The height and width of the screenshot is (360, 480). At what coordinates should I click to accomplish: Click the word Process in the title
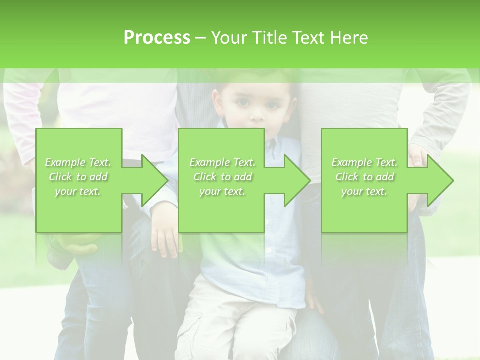157,38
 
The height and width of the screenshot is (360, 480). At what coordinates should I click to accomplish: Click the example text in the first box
78,177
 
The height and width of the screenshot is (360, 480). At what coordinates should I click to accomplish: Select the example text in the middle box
222,177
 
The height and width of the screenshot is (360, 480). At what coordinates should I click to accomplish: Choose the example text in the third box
364,177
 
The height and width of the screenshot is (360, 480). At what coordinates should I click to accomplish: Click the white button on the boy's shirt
268,250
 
